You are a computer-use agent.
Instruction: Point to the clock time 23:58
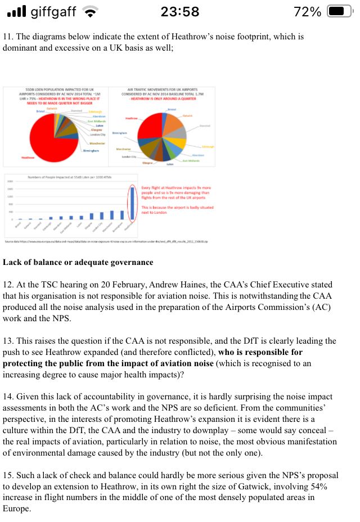[179, 11]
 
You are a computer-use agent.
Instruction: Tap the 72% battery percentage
[308, 11]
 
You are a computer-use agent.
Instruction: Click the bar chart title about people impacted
[70, 177]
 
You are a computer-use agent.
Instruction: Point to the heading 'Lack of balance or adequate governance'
[78, 262]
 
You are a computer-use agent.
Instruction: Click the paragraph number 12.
[8, 285]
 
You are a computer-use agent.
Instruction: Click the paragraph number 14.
[8, 397]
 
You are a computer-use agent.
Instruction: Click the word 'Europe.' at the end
[17, 510]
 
